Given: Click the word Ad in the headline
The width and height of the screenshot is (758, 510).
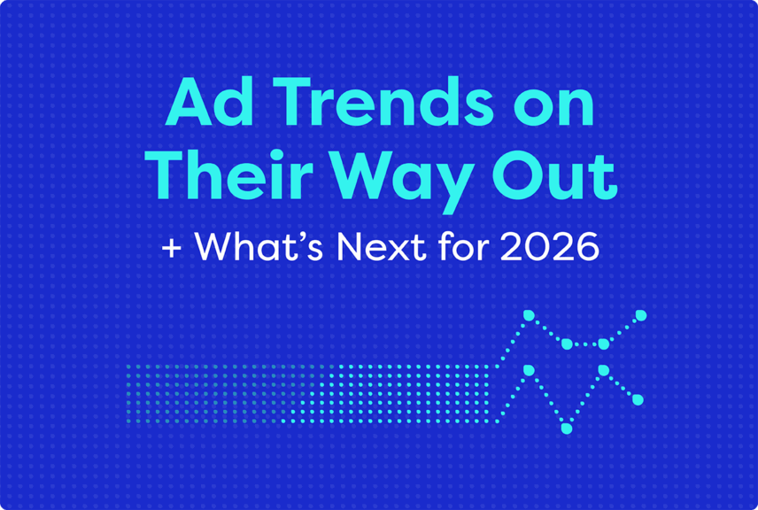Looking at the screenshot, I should [x=196, y=104].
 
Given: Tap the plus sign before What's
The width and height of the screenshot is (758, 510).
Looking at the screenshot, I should [x=171, y=248].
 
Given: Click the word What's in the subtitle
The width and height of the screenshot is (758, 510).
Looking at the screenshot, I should [x=256, y=247].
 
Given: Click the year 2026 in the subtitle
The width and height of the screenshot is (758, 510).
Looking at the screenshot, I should [x=549, y=247].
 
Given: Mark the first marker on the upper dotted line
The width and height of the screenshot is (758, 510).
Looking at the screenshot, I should [x=529, y=315].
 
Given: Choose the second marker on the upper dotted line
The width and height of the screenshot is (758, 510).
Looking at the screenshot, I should [x=567, y=344].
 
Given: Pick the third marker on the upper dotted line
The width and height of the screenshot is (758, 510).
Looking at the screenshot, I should [x=604, y=344].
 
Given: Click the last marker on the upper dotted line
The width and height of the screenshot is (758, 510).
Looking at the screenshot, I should [x=641, y=315].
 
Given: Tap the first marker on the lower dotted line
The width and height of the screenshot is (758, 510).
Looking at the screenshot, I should [x=529, y=370].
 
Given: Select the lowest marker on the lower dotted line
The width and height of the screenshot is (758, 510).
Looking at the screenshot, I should [x=567, y=429].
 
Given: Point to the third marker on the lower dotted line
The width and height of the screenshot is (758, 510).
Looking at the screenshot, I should [x=604, y=370].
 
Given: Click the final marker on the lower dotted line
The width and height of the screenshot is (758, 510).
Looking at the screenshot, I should [x=638, y=400].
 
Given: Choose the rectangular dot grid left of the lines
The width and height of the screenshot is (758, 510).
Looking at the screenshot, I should [x=310, y=393].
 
